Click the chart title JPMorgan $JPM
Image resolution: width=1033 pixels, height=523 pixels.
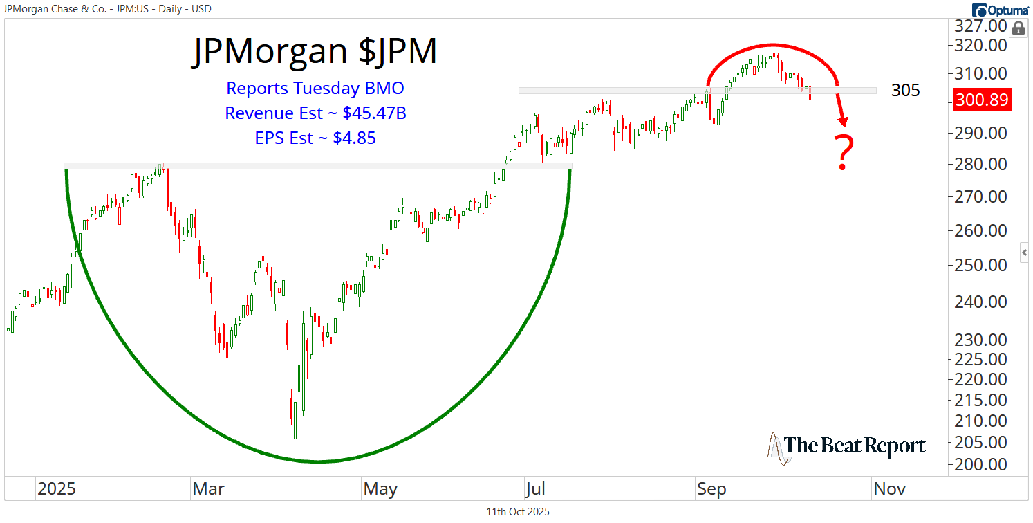pos(315,52)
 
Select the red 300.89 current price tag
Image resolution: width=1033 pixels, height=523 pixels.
pos(982,100)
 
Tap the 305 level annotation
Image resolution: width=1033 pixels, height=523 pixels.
pos(905,91)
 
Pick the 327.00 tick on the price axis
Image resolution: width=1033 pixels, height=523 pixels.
pos(981,26)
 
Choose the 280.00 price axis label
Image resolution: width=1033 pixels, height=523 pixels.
pos(981,165)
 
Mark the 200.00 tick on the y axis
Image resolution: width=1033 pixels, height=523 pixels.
pos(981,464)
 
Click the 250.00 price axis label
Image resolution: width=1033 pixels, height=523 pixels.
pos(981,265)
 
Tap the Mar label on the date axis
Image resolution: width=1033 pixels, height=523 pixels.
pos(208,489)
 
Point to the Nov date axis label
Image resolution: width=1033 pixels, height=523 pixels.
pos(890,489)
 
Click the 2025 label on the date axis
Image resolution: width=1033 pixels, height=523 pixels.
pos(57,489)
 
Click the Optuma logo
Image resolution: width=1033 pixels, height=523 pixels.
pos(999,10)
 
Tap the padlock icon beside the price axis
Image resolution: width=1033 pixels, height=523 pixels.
pos(1018,28)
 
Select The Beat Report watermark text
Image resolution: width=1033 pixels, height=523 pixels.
pos(855,446)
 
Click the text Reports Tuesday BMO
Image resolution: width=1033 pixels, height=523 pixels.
pos(315,89)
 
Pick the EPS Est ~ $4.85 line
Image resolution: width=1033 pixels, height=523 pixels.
pos(315,138)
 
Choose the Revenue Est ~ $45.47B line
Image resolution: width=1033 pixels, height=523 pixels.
pos(315,113)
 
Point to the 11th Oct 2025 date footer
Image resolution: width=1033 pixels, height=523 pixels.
pos(518,512)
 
